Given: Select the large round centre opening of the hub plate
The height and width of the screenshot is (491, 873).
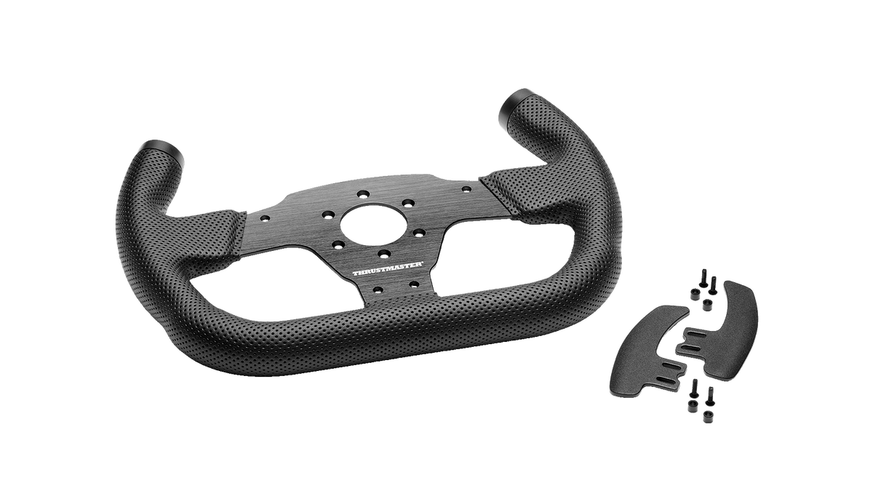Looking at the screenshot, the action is tap(374, 225).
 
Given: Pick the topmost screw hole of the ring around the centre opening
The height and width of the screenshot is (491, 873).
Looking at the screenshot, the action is tap(364, 193).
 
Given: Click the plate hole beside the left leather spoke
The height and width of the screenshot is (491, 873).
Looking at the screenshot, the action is tap(265, 218).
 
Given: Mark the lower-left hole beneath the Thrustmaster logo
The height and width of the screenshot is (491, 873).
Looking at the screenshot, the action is tap(378, 290).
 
